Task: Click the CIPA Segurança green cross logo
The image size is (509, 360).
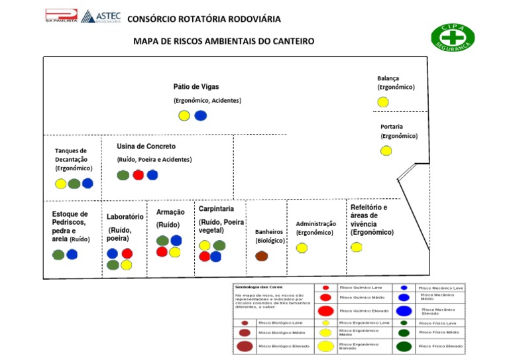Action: [x=453, y=37]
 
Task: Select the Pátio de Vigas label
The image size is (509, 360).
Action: [x=196, y=87]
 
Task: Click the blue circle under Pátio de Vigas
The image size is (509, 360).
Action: [x=200, y=115]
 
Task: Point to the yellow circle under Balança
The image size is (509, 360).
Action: [x=383, y=101]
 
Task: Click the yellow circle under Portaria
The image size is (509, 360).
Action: [x=386, y=150]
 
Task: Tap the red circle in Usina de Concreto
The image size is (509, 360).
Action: [x=138, y=175]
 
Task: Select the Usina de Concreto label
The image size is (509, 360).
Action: [x=146, y=146]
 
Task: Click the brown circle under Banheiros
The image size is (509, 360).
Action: [x=261, y=256]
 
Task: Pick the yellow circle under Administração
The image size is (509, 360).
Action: [x=302, y=248]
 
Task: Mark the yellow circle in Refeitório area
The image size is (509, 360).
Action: [x=357, y=247]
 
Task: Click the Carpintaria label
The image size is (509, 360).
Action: [x=216, y=209]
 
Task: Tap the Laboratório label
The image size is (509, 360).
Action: [x=125, y=217]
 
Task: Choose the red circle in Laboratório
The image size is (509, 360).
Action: [x=127, y=253]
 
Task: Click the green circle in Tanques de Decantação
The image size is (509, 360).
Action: [x=74, y=184]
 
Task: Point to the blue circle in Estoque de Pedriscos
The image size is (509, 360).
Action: [x=72, y=254]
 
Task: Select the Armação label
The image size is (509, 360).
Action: [x=170, y=212]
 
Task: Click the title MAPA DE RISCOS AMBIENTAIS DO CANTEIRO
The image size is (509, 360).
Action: [x=224, y=41]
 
